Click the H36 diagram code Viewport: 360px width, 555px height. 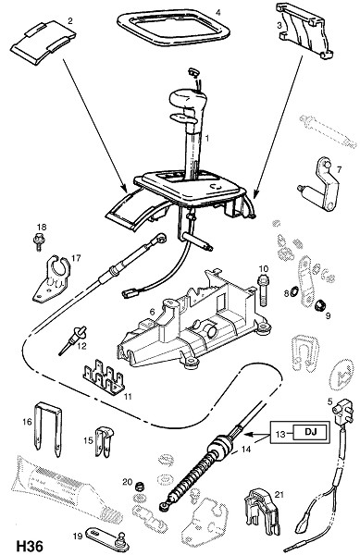tap(30, 546)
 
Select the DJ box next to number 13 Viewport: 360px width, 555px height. tap(310, 432)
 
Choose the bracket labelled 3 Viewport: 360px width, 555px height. tap(305, 31)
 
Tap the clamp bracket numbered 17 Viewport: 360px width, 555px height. tap(52, 279)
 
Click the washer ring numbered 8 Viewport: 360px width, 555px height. tap(293, 291)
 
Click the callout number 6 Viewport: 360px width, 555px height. tap(152, 312)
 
